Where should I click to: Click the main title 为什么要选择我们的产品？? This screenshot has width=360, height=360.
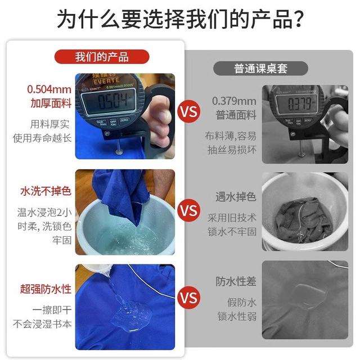(180, 18)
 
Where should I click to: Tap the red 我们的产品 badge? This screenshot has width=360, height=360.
(102, 57)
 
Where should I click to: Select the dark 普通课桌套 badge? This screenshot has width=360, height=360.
(261, 69)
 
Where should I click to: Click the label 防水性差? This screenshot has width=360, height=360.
(236, 281)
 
